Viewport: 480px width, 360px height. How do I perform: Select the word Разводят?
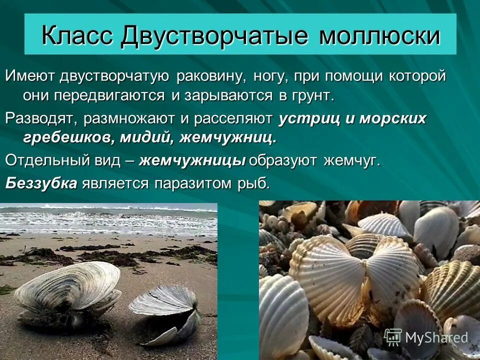click(41, 119)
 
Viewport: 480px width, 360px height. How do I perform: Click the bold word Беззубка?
click(41, 183)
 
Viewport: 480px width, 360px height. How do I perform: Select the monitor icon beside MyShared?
click(393, 337)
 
